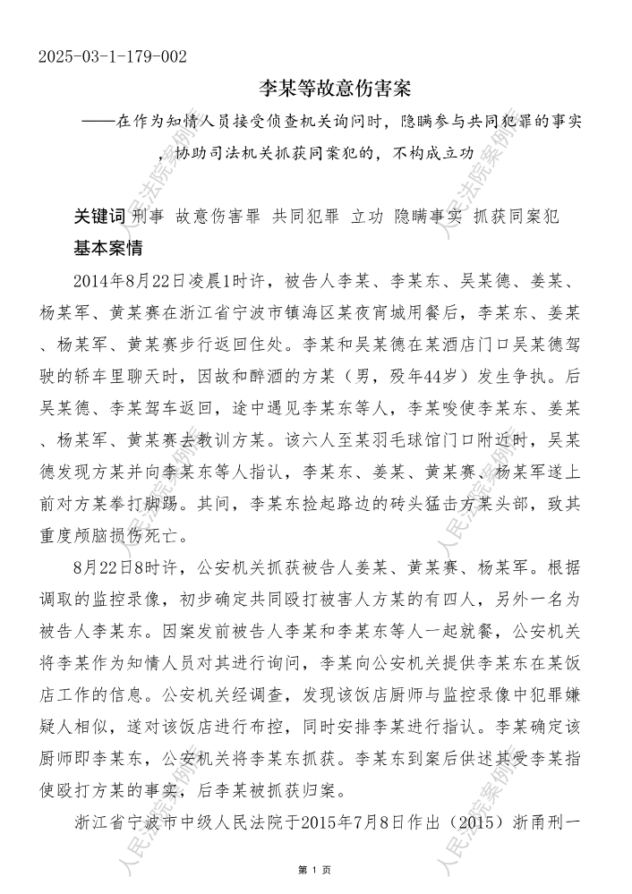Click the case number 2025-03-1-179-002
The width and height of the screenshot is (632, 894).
(x=113, y=57)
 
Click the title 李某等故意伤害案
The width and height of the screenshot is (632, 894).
(x=333, y=89)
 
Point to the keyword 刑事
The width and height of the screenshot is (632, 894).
(x=147, y=217)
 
